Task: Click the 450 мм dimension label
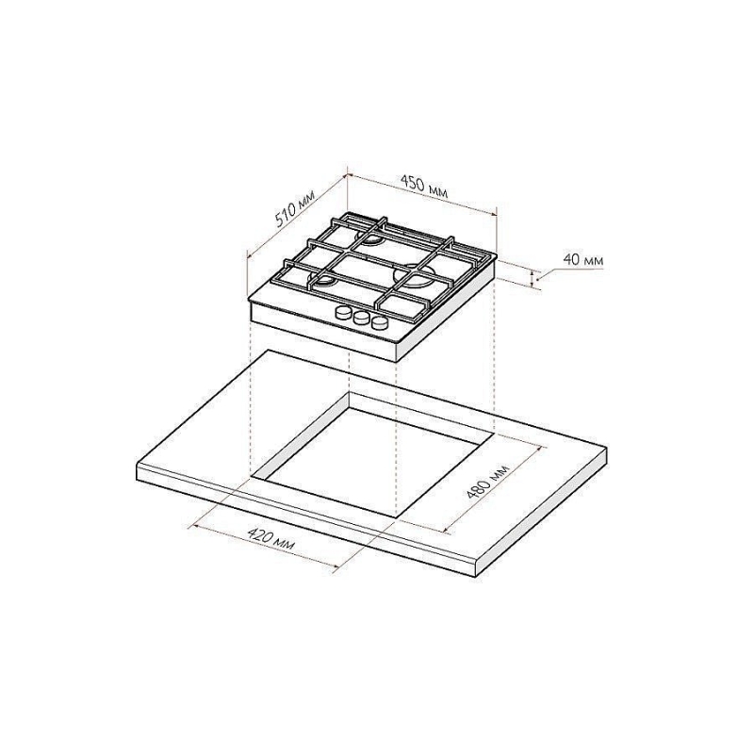pos(425,186)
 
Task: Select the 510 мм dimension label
pos(296,209)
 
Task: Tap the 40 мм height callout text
pos(582,260)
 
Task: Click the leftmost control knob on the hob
pos(343,314)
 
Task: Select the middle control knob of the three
pos(361,318)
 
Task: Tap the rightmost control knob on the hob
pos(380,322)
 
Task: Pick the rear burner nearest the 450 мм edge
pos(370,238)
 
